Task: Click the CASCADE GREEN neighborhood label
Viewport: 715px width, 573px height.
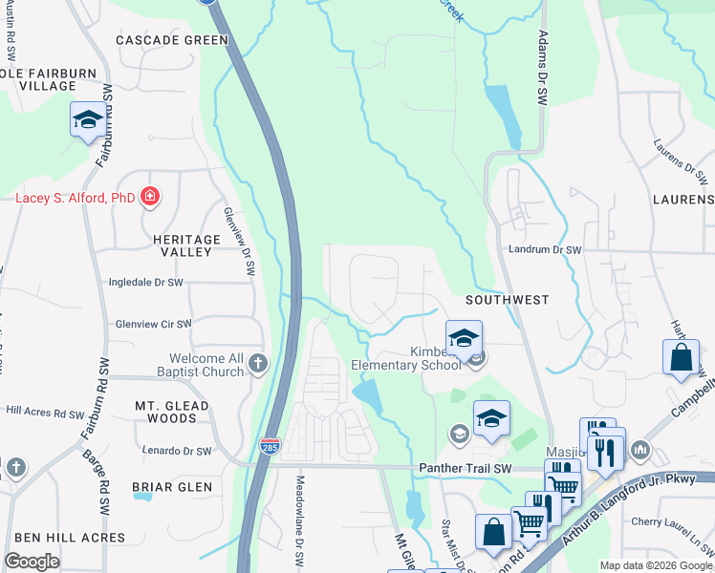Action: [x=172, y=40]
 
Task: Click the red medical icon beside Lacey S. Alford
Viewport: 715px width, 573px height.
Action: [x=150, y=198]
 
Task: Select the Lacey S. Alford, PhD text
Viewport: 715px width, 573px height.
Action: [x=76, y=199]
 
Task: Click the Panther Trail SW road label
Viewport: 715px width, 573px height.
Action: [x=466, y=468]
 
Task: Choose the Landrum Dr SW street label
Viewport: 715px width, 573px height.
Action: [x=546, y=249]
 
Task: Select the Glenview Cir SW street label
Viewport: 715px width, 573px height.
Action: [x=154, y=324]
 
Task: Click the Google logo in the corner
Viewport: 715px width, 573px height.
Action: [x=32, y=562]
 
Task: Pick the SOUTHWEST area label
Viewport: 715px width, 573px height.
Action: [x=507, y=300]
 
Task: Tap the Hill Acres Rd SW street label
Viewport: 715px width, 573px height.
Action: [x=45, y=414]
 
